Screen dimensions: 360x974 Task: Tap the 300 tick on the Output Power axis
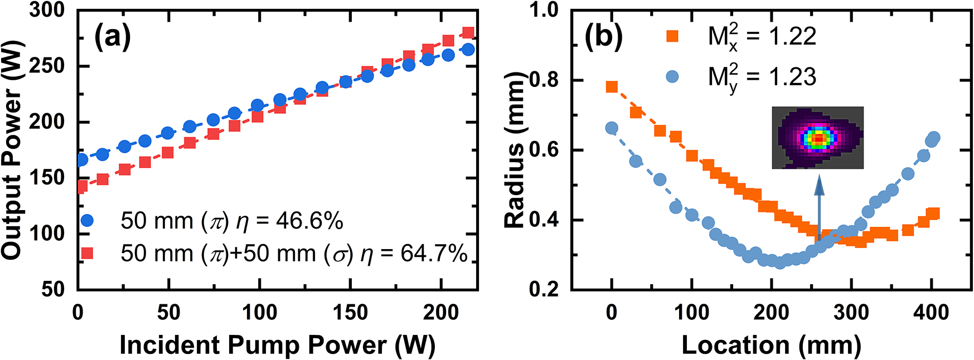point(47,10)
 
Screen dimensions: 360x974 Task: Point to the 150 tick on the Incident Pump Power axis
point(350,312)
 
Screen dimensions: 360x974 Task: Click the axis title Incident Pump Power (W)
point(277,345)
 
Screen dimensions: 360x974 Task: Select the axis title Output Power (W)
point(12,149)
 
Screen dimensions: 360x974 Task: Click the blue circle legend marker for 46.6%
point(87,221)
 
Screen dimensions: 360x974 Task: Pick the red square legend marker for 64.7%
point(87,254)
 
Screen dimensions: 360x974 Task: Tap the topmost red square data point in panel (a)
point(468,33)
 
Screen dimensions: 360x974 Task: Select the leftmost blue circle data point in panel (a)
point(81,159)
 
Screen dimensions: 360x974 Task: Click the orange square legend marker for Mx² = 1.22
point(672,37)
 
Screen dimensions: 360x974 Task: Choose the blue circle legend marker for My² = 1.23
point(672,76)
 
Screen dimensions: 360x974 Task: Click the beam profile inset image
point(817,138)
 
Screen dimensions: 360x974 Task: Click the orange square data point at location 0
point(612,87)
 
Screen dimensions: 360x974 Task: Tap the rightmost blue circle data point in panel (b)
point(934,138)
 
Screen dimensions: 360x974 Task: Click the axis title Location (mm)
point(771,345)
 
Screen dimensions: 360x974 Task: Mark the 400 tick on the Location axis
point(931,312)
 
